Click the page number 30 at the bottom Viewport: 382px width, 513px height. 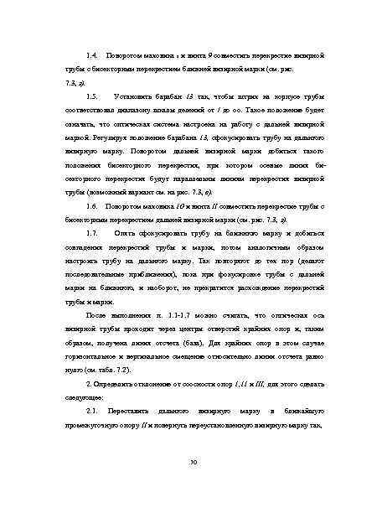tap(193, 462)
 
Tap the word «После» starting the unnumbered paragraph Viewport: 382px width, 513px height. tap(97, 315)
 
